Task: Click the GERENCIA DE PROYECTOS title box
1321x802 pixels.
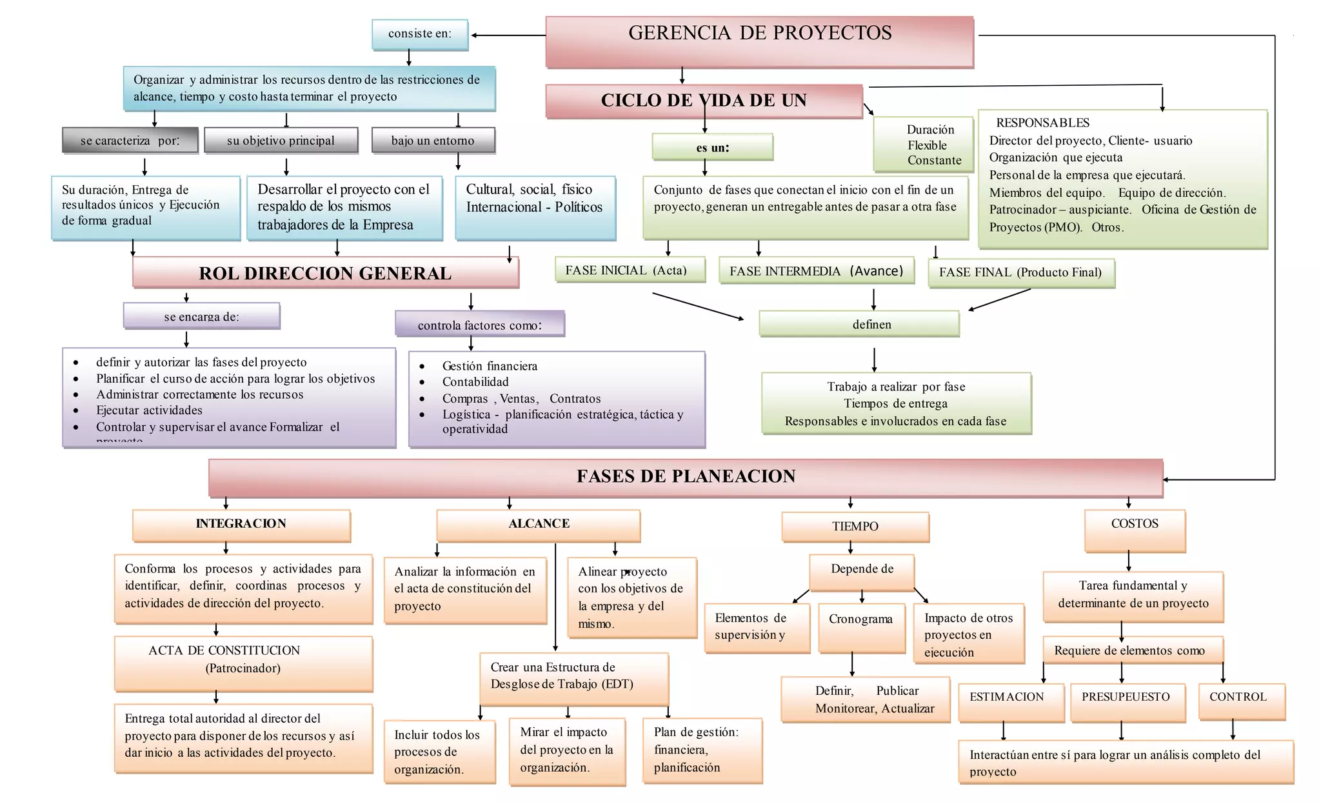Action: (759, 41)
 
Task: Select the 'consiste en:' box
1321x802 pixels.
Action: (420, 34)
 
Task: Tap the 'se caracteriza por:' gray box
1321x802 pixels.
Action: (130, 140)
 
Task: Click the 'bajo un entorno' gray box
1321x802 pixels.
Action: (433, 140)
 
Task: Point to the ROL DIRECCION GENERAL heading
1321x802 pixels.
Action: (325, 272)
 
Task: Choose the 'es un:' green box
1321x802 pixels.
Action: (712, 147)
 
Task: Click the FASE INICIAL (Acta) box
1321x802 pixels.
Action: (629, 270)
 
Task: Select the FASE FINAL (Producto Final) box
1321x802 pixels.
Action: (1020, 272)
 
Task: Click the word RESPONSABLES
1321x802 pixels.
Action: (1042, 123)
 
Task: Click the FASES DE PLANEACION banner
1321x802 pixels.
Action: (686, 477)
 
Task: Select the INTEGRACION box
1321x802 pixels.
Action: (241, 525)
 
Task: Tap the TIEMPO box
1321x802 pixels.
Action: (855, 526)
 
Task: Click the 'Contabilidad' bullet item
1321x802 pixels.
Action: (475, 382)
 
